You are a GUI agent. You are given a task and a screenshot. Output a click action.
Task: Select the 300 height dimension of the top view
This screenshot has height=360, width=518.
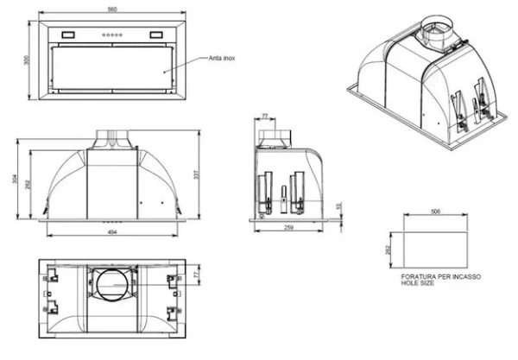(27, 59)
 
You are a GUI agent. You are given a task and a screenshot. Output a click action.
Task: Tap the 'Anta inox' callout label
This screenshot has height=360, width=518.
(223, 59)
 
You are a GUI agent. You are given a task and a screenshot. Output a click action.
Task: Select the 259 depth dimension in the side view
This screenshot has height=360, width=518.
(288, 227)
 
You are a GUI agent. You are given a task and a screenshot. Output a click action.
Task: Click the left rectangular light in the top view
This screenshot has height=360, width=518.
(65, 35)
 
